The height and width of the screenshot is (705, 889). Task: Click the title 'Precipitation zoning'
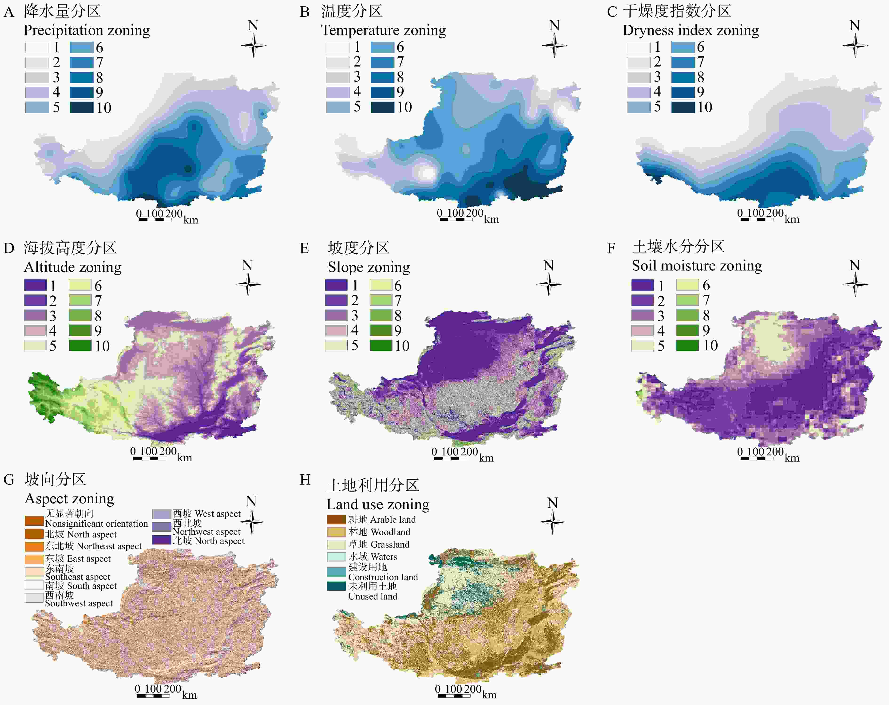(x=87, y=31)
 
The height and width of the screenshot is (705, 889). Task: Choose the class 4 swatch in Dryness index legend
(x=638, y=92)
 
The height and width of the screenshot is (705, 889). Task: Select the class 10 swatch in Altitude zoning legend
(x=80, y=345)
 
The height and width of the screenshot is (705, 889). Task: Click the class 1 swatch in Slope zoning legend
(x=336, y=285)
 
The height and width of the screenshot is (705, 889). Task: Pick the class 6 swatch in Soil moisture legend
(x=687, y=285)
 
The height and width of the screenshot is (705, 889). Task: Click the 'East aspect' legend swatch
(x=34, y=559)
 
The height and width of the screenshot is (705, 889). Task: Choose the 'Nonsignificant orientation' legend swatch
(x=34, y=521)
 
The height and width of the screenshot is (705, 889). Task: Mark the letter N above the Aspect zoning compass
(x=251, y=501)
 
